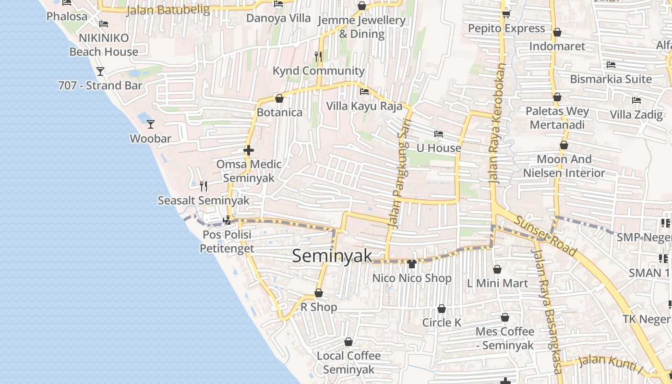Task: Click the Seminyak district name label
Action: click(332, 256)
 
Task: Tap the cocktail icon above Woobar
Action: click(151, 124)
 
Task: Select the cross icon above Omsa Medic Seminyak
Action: click(248, 150)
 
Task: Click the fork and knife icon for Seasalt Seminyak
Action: click(204, 185)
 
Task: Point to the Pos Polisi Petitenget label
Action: click(227, 241)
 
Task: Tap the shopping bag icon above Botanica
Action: click(279, 98)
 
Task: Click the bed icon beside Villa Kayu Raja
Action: click(364, 92)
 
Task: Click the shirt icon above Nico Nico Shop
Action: click(411, 264)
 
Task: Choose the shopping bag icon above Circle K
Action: click(441, 309)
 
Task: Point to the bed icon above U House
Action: click(438, 134)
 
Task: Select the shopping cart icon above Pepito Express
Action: click(506, 14)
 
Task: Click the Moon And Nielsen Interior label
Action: click(564, 166)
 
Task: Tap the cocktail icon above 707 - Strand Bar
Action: click(100, 72)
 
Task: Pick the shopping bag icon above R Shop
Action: click(318, 293)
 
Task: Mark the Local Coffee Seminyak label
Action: click(348, 363)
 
